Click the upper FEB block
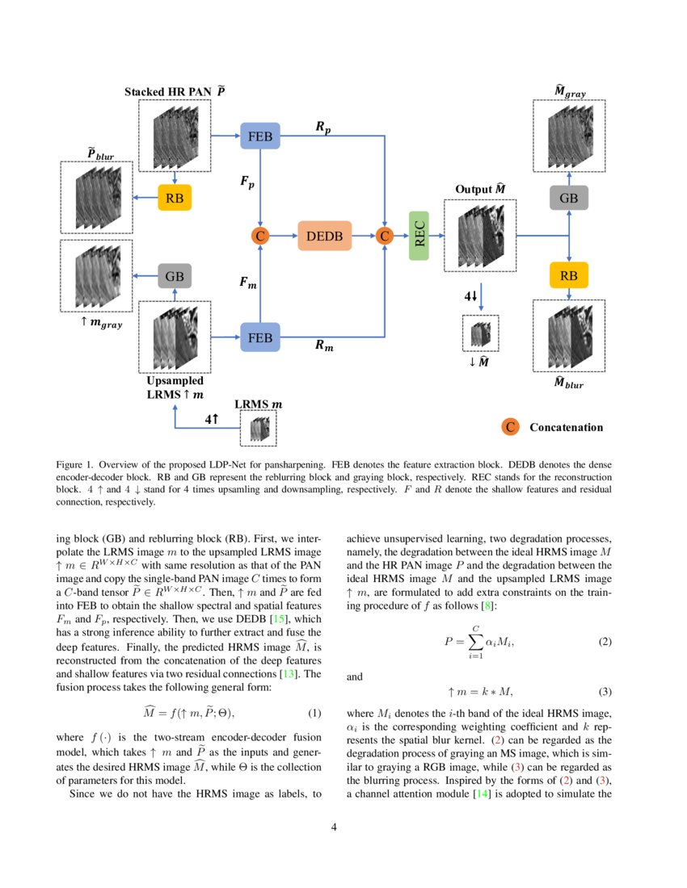coord(259,136)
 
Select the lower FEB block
coord(259,337)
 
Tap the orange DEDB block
coord(324,237)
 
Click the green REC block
coord(419,236)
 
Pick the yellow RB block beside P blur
coord(175,197)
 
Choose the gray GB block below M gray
coord(569,198)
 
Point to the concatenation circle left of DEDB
coord(259,237)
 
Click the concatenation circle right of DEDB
coord(385,237)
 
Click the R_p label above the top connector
coord(322,127)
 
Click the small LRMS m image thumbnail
coord(259,429)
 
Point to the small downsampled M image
coord(480,333)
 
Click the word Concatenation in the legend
coord(566,427)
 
